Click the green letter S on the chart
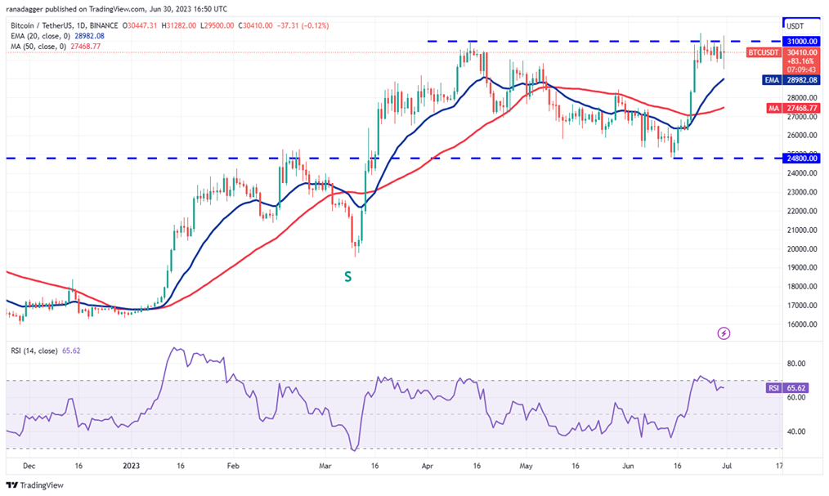pos(347,277)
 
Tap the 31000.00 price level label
pos(801,40)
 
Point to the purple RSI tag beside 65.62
pos(773,388)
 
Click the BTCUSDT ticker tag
pos(764,52)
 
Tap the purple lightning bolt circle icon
pos(723,333)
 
